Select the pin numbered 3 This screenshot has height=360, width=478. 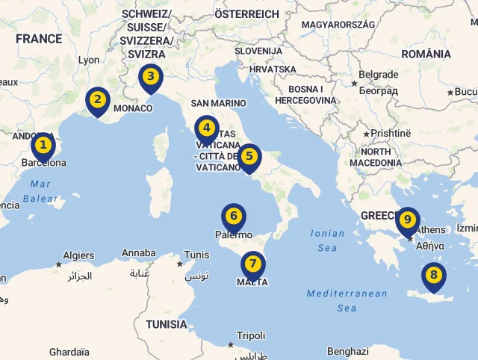point(151,77)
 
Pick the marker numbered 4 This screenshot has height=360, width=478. point(207,129)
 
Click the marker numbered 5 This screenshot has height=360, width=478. point(249,158)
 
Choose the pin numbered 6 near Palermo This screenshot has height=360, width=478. point(234,217)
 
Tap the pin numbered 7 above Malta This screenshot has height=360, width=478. point(253,264)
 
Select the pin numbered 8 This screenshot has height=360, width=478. point(433,276)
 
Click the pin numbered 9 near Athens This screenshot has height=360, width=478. point(407,220)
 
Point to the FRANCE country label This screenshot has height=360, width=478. point(39,39)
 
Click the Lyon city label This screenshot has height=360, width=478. point(88,60)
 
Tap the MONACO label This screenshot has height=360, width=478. point(132,108)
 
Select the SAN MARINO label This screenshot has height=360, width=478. point(218,103)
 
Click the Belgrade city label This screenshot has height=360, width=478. point(378,75)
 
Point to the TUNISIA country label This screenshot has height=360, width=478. point(167,324)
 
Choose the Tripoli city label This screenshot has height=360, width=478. point(250,335)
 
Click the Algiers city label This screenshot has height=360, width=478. point(78,255)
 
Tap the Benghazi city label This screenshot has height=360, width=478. point(348,351)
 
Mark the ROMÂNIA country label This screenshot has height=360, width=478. point(426,54)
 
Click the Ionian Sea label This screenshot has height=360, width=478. point(328,240)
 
